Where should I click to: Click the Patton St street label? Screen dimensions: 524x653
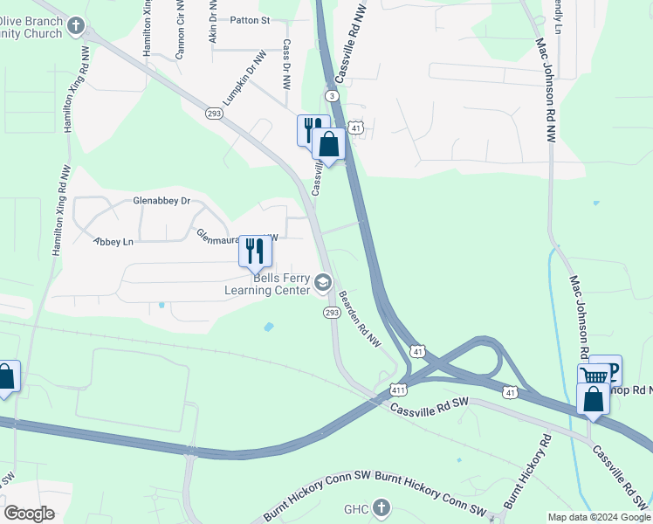(x=250, y=19)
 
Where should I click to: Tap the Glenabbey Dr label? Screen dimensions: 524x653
(x=162, y=201)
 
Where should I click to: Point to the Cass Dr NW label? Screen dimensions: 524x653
(x=286, y=65)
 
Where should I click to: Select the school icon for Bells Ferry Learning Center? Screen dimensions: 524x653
(x=323, y=282)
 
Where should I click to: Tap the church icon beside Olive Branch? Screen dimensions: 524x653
(x=76, y=27)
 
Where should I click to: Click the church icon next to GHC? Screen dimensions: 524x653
(x=381, y=507)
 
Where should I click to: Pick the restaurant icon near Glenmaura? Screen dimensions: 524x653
(x=255, y=252)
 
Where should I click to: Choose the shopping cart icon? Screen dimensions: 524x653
(x=595, y=376)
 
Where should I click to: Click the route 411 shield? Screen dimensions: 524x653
(x=399, y=390)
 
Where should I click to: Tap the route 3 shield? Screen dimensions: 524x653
(x=332, y=95)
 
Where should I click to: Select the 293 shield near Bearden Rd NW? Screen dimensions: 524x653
(x=332, y=313)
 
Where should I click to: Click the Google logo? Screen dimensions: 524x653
(x=29, y=514)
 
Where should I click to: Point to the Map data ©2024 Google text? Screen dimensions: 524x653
(x=598, y=517)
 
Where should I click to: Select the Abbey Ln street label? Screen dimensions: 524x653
(x=113, y=241)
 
